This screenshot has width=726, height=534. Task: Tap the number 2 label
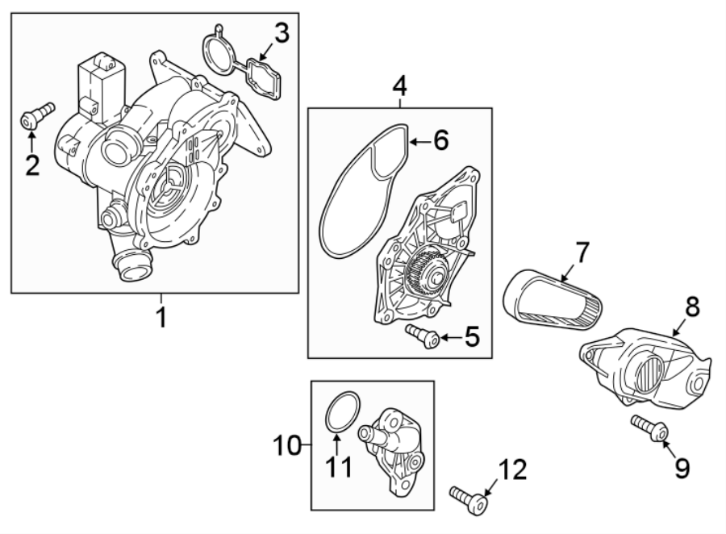click(x=31, y=166)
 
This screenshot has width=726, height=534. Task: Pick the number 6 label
click(x=440, y=140)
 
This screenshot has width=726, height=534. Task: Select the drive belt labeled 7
click(x=556, y=302)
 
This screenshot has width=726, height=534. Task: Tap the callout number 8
click(x=692, y=307)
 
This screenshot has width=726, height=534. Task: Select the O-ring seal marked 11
click(x=342, y=411)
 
